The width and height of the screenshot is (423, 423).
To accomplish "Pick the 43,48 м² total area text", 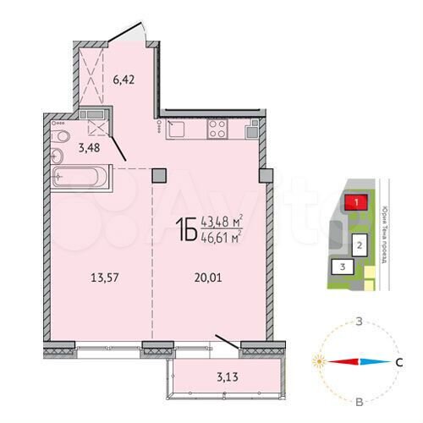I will click(222, 222).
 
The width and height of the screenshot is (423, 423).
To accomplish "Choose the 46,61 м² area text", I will click(222, 238).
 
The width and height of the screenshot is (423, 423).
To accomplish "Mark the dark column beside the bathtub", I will click(158, 175).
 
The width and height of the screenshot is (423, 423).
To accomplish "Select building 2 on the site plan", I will click(360, 245).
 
